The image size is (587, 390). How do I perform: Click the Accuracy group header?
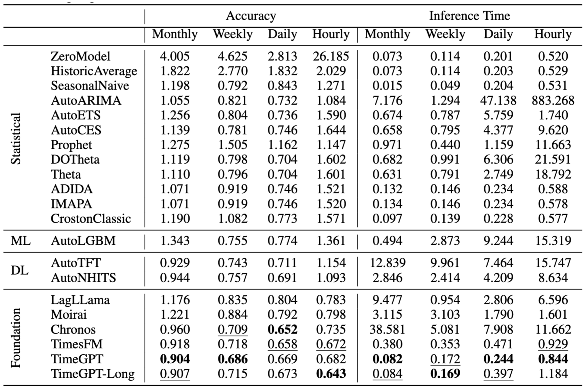251,16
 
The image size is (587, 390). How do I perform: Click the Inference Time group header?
469,16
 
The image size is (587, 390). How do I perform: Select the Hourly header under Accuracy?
331,34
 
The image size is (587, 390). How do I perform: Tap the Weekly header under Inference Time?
445,34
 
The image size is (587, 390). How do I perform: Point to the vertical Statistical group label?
16,138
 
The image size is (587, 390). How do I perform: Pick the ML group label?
21,241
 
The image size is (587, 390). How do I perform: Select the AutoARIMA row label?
86,101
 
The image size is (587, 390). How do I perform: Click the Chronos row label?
73,330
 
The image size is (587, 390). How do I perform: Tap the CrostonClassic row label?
91,219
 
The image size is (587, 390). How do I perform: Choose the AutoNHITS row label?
83,278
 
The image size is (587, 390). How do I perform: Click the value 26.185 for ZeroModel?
331,56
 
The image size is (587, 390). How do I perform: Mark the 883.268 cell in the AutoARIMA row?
553,101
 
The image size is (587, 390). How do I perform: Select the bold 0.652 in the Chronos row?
282,330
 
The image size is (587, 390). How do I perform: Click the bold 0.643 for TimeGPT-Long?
331,374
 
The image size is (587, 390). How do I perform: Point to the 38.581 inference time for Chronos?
387,330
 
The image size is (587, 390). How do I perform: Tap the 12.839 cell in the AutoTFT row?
387,263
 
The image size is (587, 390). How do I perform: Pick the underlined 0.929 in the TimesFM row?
553,344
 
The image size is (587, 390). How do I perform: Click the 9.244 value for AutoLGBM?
498,241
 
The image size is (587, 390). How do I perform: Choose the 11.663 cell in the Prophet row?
553,145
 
